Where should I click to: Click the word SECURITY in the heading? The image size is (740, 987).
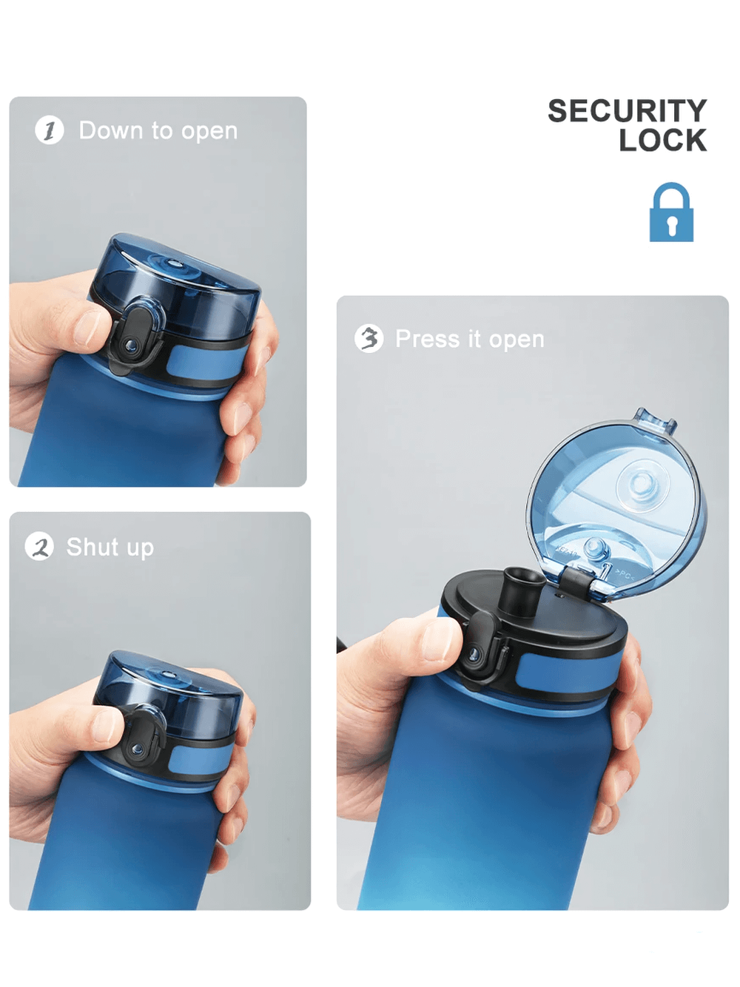627,111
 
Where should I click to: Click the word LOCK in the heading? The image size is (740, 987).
662,141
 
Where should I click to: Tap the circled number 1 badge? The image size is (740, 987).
50,131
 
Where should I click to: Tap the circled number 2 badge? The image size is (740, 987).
39,547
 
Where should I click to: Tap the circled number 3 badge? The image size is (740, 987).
369,338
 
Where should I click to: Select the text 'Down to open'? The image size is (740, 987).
158,131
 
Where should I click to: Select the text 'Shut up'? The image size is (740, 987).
110,548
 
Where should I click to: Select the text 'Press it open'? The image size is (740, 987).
470,339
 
